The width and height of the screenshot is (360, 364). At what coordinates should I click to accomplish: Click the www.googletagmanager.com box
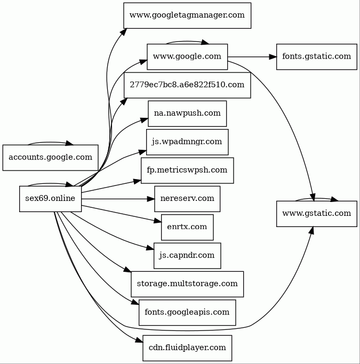pos(187,15)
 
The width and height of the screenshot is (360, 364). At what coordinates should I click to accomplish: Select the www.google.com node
pos(187,56)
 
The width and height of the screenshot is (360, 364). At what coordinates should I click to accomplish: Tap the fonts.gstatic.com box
pos(317,56)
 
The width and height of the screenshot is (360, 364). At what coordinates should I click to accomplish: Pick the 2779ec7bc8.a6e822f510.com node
pos(187,85)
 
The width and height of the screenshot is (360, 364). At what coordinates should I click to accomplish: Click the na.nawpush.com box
pos(187,114)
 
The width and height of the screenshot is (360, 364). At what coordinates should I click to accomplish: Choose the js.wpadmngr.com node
pos(187,142)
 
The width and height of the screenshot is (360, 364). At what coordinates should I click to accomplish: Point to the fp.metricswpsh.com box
pos(187,171)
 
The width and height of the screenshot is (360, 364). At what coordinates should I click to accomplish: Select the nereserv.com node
pos(187,199)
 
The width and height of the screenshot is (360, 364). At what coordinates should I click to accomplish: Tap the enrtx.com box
pos(187,227)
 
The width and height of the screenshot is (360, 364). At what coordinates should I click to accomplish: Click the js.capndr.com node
pos(187,256)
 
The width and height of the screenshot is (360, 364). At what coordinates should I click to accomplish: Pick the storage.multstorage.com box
pos(187,284)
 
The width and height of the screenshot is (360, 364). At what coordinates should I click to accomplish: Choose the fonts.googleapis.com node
pos(187,312)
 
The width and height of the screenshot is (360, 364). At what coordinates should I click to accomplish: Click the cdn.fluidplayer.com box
pos(187,348)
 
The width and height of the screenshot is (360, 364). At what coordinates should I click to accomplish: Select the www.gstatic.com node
pos(317,214)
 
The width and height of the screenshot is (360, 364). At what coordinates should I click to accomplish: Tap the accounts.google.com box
pos(50,158)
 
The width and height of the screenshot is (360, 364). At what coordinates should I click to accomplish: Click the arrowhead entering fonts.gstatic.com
pos(273,56)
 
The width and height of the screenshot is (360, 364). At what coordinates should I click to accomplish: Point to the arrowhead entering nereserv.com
pos(151,199)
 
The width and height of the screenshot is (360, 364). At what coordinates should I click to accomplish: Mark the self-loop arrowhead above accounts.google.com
pos(69,143)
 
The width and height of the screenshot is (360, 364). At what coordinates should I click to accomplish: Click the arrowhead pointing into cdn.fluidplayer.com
pos(139,340)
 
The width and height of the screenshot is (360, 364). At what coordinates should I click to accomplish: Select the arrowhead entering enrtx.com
pos(158,221)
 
